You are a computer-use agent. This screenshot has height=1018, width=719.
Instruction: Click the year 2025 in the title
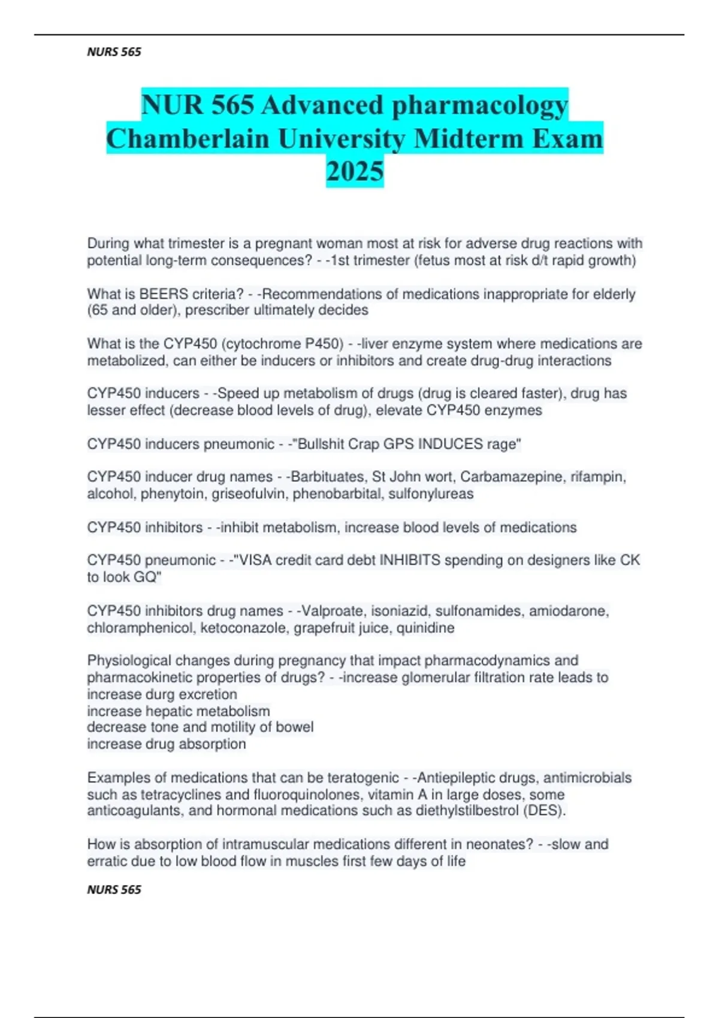click(x=355, y=171)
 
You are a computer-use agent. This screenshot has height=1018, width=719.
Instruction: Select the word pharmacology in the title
click(x=479, y=105)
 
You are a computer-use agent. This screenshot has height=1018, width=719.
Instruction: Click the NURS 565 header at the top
click(x=114, y=52)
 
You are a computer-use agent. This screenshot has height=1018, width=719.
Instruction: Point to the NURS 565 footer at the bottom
click(x=114, y=890)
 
